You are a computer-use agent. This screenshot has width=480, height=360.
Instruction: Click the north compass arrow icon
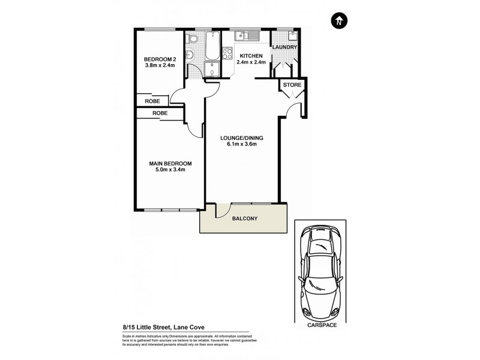click(x=339, y=21)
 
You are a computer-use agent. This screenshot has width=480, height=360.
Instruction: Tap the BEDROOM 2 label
click(x=160, y=59)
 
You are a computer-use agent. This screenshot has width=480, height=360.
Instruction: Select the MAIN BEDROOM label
click(x=170, y=164)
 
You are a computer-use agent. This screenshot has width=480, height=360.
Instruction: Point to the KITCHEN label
click(x=251, y=55)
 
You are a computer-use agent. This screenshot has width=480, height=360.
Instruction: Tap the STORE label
click(x=292, y=85)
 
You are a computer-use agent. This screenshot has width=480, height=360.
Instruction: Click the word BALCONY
click(x=244, y=218)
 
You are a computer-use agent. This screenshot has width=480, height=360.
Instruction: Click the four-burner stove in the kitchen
click(x=228, y=54)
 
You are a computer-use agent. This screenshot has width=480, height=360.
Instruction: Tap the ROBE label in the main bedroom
click(x=159, y=113)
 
